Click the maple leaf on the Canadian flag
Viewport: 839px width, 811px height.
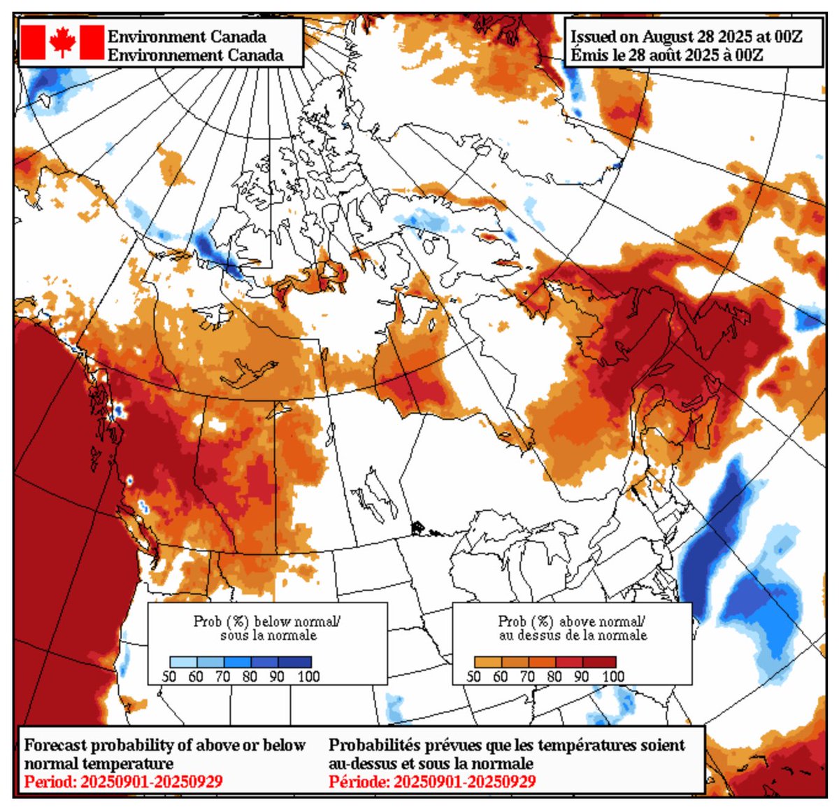[62, 42]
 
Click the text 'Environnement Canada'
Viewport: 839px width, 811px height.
[195, 55]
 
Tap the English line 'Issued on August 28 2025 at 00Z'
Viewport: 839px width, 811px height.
[686, 37]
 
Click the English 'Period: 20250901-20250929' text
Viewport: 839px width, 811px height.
[123, 781]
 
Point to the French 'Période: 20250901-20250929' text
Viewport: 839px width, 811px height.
[432, 781]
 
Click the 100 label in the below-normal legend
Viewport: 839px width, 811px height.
[308, 676]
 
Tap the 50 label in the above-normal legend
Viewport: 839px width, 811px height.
[473, 676]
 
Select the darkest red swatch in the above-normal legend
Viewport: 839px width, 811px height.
[603, 661]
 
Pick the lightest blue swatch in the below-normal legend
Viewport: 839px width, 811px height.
[183, 661]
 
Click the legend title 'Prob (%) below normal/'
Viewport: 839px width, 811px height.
[267, 621]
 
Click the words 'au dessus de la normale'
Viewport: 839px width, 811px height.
[573, 635]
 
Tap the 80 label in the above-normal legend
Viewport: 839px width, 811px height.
[554, 676]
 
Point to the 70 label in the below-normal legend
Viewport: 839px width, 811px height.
[223, 676]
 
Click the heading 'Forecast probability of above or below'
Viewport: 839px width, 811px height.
[165, 745]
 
